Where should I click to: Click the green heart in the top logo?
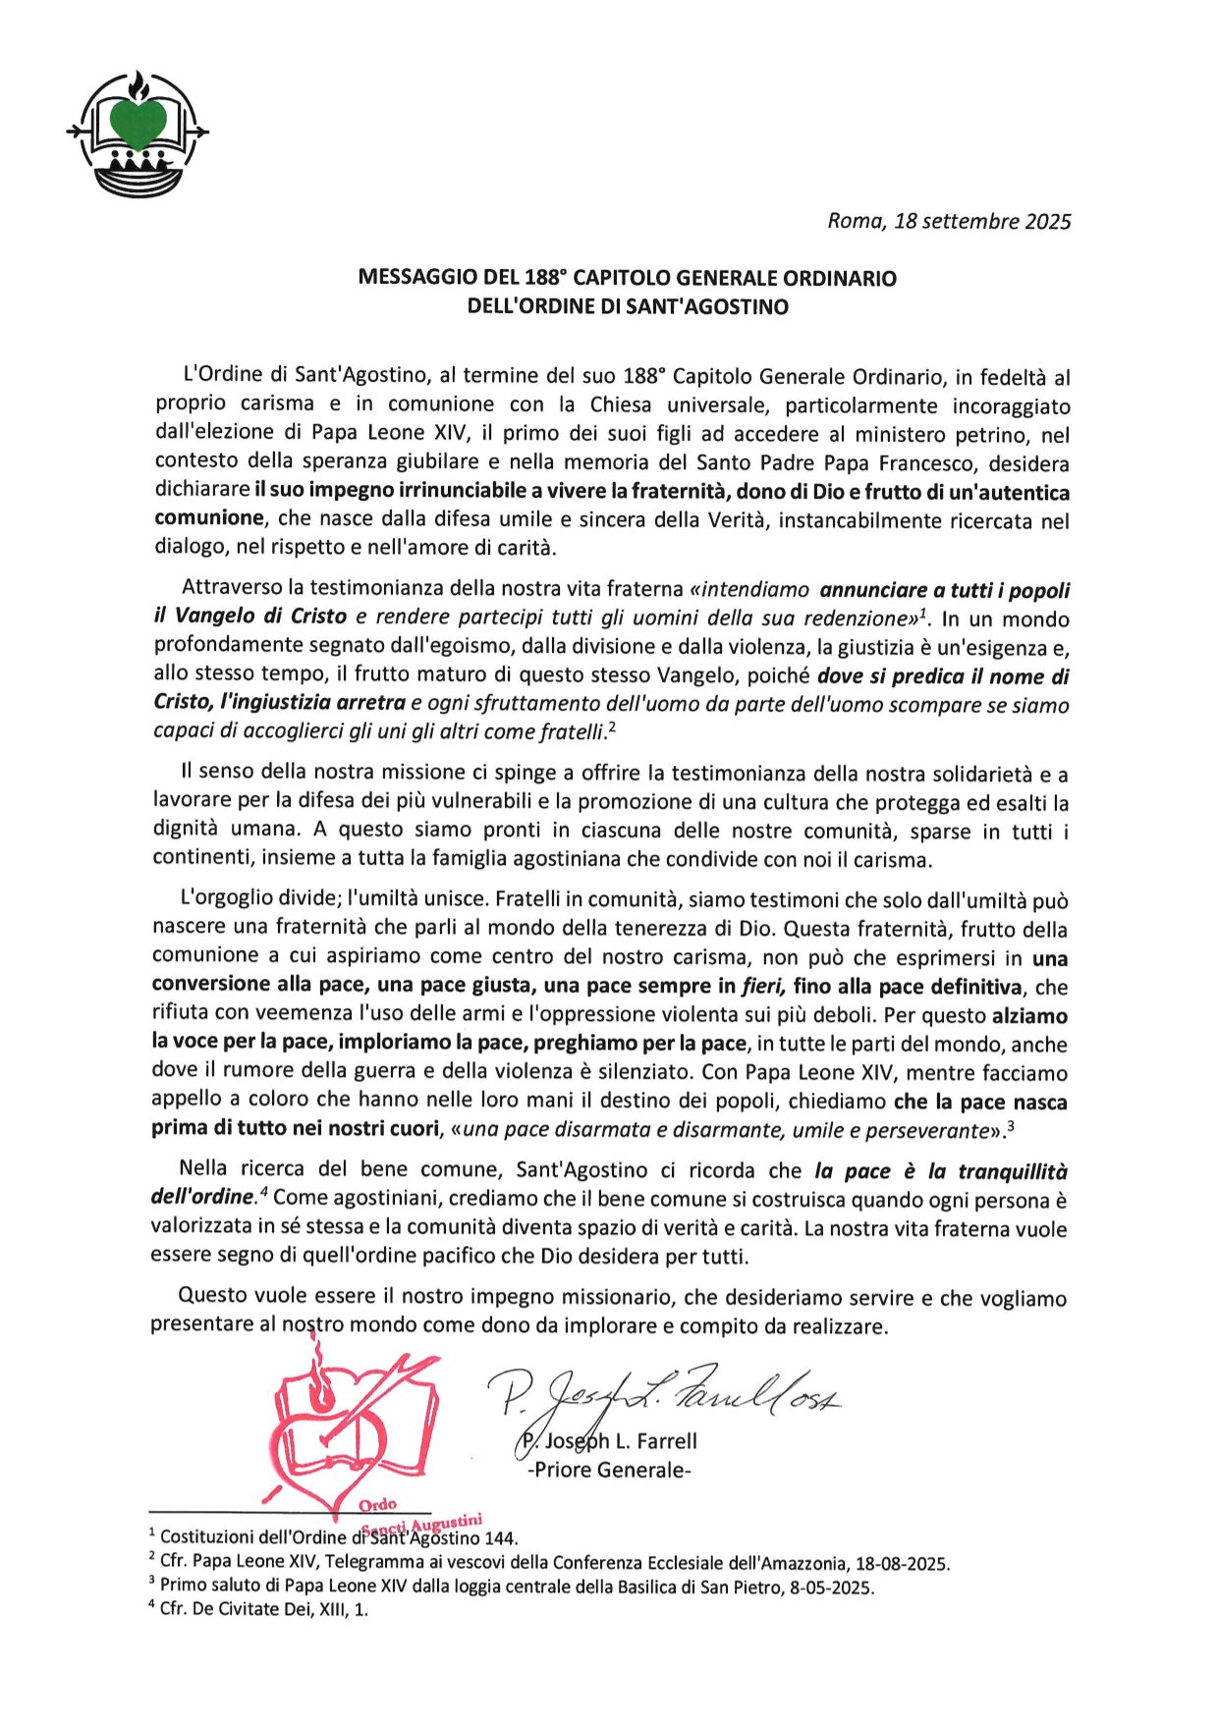point(138,122)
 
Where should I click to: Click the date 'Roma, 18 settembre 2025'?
point(948,221)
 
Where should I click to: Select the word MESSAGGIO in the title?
point(412,278)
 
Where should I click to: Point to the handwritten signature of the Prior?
point(668,1392)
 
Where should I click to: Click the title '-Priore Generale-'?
point(609,1471)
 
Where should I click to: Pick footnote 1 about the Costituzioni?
point(334,1538)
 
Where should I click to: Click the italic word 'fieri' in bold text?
point(766,987)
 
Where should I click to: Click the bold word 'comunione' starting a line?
point(208,518)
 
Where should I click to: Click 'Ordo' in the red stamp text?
point(377,1505)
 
